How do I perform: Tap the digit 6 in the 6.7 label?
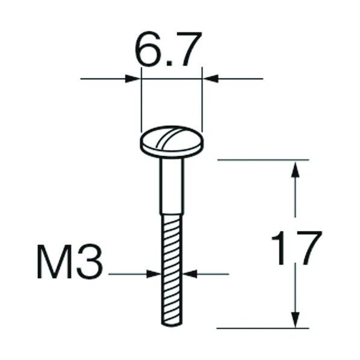click(x=148, y=53)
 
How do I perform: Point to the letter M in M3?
click(x=58, y=262)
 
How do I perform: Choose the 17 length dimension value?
click(x=296, y=247)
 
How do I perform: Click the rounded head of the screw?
click(x=171, y=143)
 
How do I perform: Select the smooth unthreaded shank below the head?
click(x=171, y=187)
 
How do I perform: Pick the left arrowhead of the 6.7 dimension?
click(x=134, y=78)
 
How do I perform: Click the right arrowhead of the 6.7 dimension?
click(x=209, y=78)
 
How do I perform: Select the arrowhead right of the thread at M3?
click(x=189, y=274)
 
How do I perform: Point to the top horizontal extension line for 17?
click(x=262, y=160)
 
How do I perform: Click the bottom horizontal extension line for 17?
click(x=262, y=329)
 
